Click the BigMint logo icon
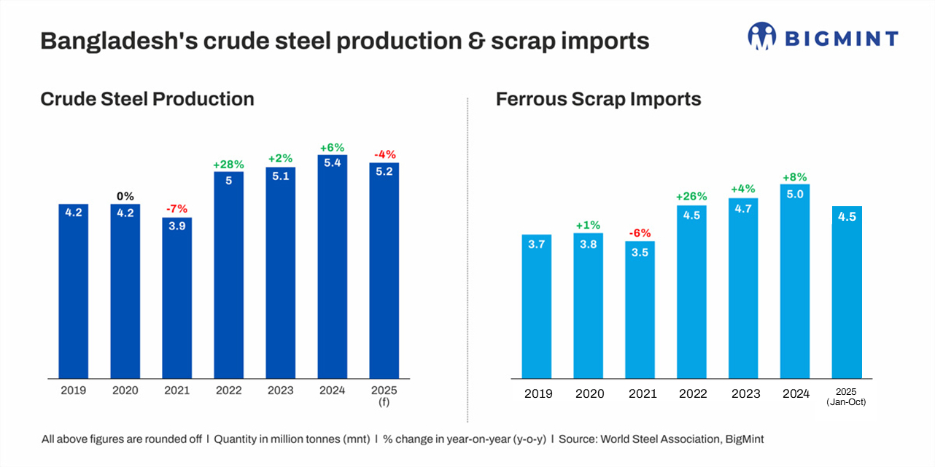(761, 36)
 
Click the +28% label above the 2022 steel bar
(228, 165)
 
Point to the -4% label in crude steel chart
(384, 154)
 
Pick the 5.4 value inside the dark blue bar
(333, 163)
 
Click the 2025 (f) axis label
(384, 396)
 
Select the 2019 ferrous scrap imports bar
(537, 306)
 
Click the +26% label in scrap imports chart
(692, 197)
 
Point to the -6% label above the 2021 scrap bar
(640, 234)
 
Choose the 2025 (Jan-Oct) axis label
(847, 397)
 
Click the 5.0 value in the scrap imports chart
(795, 194)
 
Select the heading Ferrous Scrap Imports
(598, 99)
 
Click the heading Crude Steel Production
(147, 99)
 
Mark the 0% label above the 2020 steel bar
(125, 197)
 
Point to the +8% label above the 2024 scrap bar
(795, 177)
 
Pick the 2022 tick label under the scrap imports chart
(692, 394)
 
